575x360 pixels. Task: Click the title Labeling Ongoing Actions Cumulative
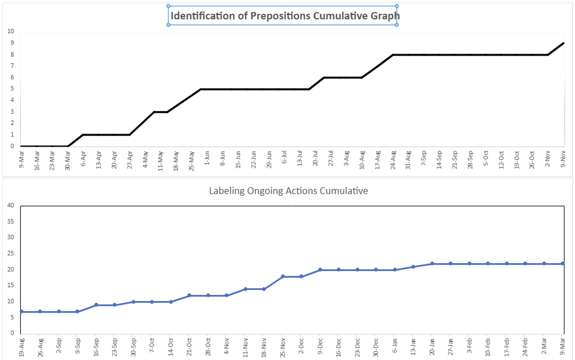click(288, 191)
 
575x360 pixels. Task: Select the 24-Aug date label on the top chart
click(393, 160)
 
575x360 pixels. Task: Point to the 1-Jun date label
click(207, 158)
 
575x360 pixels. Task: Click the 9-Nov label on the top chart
click(563, 160)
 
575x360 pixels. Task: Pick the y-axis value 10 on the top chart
click(11, 31)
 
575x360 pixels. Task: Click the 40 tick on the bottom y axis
click(11, 205)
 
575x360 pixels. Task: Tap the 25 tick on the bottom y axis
click(11, 253)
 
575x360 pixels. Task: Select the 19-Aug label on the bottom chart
click(21, 347)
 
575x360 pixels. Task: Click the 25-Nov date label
click(283, 347)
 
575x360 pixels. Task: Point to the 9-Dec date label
click(320, 346)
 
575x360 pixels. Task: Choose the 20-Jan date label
click(432, 347)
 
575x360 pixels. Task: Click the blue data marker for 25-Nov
click(283, 276)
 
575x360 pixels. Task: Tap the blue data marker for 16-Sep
click(96, 305)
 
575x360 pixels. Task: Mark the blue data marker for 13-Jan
click(413, 267)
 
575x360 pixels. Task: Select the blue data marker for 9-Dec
click(320, 270)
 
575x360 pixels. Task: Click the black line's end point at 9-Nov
click(563, 43)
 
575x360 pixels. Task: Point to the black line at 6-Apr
click(83, 135)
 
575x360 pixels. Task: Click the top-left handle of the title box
click(168, 6)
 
